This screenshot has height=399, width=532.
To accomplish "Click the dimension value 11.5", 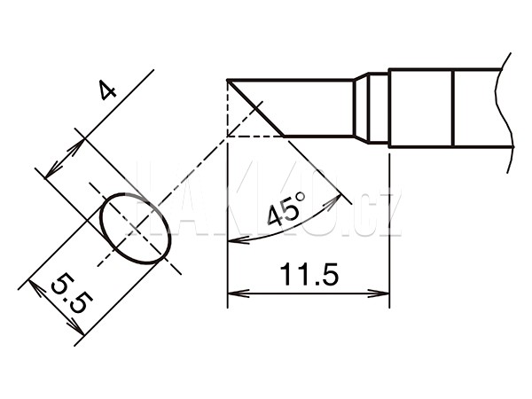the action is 309,274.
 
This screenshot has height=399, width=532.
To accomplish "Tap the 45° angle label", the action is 286,209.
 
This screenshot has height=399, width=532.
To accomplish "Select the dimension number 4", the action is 107,90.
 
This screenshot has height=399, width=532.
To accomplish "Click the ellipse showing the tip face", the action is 136,229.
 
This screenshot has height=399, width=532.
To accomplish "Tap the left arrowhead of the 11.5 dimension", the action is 239,293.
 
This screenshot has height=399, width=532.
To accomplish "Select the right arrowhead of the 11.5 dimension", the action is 378,293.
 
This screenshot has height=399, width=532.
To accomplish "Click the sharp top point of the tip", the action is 228,81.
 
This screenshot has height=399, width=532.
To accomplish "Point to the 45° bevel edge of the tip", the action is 256,108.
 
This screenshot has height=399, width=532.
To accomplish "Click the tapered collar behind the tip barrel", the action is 361,108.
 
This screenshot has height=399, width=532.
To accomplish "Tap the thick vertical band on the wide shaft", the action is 453,108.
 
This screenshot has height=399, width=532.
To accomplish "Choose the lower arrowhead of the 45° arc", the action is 239,240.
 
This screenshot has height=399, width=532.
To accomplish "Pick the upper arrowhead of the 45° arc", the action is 332,202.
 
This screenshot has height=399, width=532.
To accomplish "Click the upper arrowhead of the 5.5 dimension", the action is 37,287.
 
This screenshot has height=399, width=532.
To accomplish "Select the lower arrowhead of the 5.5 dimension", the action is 75,326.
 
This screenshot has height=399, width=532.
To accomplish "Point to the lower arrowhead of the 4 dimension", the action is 53,169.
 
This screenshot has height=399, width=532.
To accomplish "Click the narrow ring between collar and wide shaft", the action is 379,108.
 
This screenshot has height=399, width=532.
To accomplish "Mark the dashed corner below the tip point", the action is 227,137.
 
